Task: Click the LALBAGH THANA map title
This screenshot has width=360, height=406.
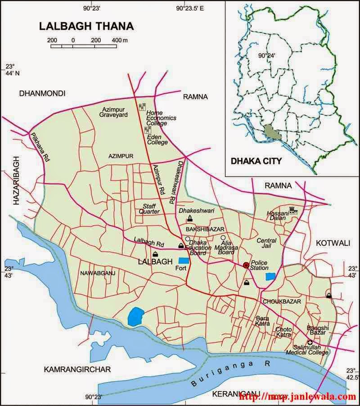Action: click(x=86, y=26)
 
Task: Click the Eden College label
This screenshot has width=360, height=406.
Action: click(x=157, y=139)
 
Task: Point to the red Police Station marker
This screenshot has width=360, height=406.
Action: click(x=246, y=266)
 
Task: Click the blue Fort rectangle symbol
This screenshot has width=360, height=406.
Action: click(x=184, y=260)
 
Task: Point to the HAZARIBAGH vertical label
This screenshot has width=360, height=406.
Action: click(x=17, y=180)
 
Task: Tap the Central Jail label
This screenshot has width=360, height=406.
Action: click(x=266, y=244)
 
